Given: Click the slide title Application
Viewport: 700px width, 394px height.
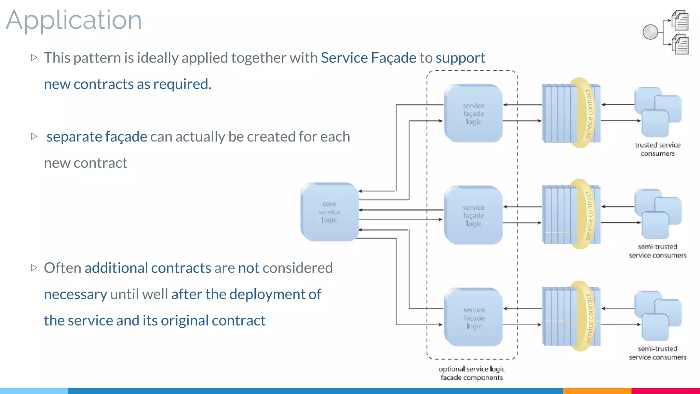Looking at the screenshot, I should [x=73, y=21].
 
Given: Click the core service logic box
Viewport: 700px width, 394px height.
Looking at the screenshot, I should [x=329, y=212].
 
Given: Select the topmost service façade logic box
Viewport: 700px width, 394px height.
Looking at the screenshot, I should [x=473, y=114].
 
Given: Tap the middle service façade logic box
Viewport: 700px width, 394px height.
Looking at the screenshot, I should [x=473, y=215].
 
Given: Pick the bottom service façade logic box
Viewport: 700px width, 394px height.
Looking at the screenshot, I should [x=474, y=318].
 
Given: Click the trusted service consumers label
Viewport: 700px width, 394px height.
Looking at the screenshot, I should [x=657, y=149].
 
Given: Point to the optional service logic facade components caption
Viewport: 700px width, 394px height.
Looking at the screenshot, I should [x=472, y=373].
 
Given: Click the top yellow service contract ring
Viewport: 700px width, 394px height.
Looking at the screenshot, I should [x=585, y=113].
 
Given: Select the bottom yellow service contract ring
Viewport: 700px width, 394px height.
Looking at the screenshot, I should [x=585, y=316].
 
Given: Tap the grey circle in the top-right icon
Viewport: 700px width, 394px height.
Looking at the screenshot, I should [x=650, y=32].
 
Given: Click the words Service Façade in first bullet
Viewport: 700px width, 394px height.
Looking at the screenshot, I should [x=368, y=58].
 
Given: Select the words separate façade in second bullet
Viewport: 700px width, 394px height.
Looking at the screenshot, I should [x=97, y=137].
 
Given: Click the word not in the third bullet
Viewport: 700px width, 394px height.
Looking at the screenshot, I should [x=248, y=268].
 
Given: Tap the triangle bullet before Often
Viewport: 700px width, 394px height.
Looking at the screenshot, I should [x=34, y=267].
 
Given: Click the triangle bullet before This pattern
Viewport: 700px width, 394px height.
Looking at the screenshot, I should [x=34, y=57].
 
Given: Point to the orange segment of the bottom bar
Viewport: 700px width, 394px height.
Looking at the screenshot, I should [x=597, y=391].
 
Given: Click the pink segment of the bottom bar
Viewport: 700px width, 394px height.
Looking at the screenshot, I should [x=665, y=391].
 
